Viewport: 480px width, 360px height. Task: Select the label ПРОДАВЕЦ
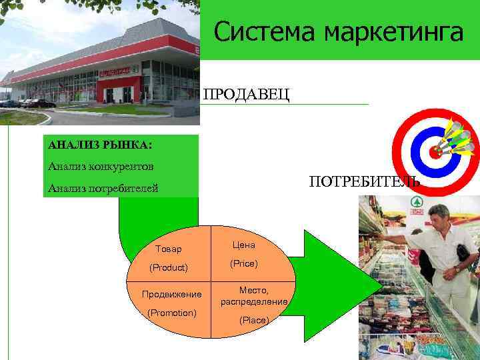246,94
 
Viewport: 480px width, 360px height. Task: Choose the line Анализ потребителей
103,189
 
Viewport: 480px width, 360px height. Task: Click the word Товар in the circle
167,249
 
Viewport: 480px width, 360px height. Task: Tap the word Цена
243,245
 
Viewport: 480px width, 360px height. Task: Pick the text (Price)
243,264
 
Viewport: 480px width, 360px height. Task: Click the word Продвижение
171,294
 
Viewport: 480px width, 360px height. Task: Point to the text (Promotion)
172,313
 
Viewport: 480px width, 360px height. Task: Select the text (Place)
254,321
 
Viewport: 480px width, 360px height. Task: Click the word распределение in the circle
254,302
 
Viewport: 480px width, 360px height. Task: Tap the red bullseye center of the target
435,151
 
